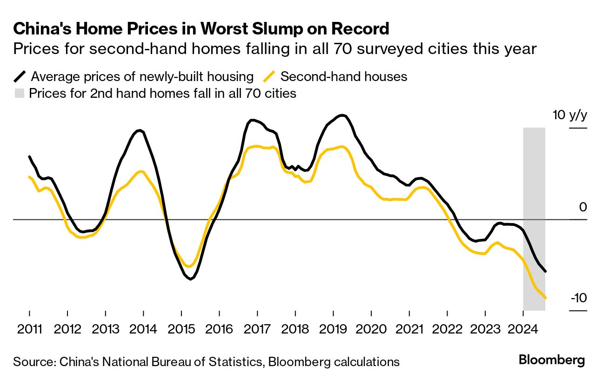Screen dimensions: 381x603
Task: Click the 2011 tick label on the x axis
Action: (x=29, y=329)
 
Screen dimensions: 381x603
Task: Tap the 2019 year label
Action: (x=333, y=329)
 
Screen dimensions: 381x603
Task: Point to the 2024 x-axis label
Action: (x=523, y=329)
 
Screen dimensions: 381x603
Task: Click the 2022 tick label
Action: (x=447, y=329)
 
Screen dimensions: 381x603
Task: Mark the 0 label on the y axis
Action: (x=583, y=207)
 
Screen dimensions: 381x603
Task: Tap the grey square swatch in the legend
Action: (x=19, y=93)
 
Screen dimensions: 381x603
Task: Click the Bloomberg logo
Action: (x=551, y=360)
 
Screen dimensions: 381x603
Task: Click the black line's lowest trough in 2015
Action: (x=190, y=279)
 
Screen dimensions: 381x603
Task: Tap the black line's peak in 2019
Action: (x=343, y=115)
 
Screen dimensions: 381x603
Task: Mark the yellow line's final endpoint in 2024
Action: (x=545, y=298)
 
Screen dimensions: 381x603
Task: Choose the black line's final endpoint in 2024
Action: (x=545, y=271)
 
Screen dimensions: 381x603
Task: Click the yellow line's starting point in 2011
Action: (x=29, y=177)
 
